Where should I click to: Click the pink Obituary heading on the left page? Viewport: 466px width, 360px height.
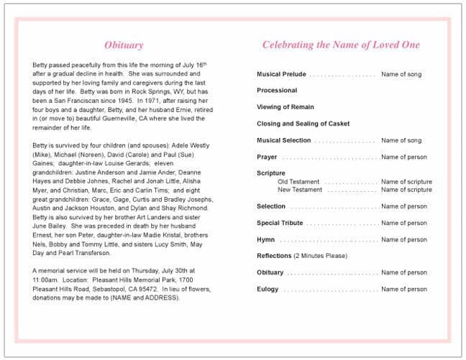click(x=124, y=45)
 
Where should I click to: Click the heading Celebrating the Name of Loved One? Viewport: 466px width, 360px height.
click(x=340, y=45)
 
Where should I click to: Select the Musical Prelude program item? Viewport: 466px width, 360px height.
click(x=281, y=74)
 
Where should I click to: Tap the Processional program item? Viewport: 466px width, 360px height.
click(x=277, y=91)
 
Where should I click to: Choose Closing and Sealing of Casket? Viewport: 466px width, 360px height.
click(x=303, y=124)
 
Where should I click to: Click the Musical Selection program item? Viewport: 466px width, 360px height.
click(x=284, y=140)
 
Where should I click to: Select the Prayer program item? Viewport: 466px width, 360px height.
click(x=267, y=157)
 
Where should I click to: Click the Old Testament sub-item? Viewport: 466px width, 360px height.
click(x=298, y=182)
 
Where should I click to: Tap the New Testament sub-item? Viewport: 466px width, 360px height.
click(x=300, y=190)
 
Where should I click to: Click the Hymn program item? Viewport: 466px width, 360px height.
click(x=265, y=239)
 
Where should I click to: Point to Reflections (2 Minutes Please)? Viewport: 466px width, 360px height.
click(x=302, y=256)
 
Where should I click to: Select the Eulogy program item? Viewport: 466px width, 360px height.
click(x=268, y=289)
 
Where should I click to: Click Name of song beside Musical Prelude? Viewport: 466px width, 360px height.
click(x=401, y=74)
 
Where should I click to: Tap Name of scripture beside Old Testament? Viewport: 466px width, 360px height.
click(x=406, y=182)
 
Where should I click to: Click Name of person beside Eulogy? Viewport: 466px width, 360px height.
click(x=404, y=289)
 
